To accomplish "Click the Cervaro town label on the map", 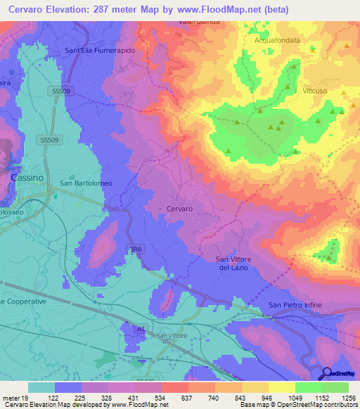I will click(179, 209).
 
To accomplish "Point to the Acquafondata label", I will click(277, 40).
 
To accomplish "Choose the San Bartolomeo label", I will click(86, 183).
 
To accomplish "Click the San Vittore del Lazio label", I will click(233, 264).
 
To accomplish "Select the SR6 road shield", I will click(136, 249).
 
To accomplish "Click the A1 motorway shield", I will click(141, 328).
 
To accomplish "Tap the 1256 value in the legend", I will click(349, 397).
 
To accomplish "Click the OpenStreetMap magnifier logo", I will click(328, 375).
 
